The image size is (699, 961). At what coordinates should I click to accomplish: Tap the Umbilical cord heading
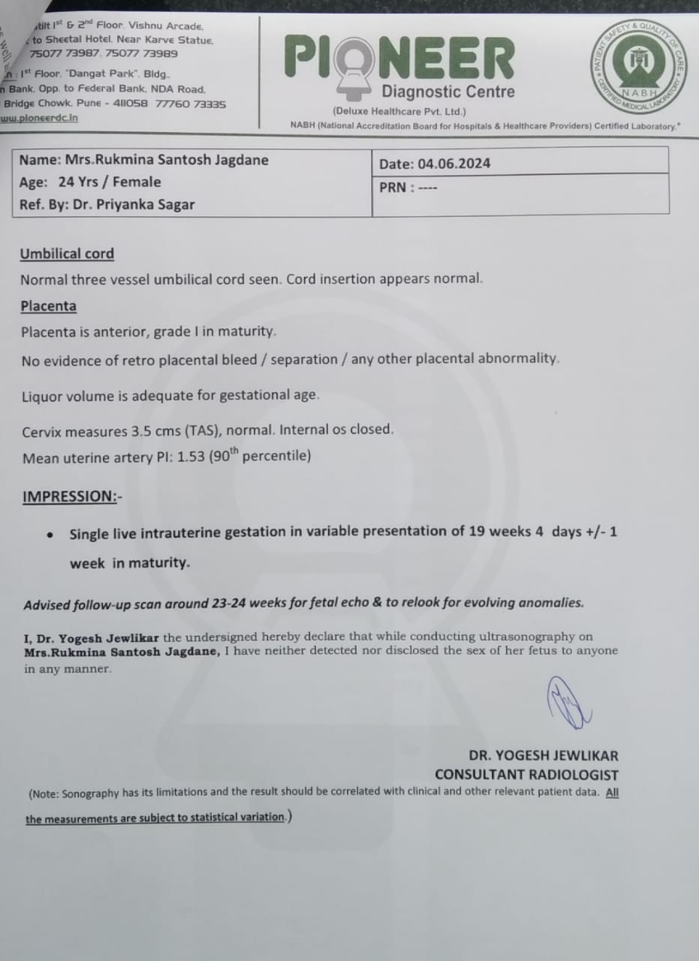tap(67, 254)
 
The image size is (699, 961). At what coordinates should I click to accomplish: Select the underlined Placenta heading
tap(48, 306)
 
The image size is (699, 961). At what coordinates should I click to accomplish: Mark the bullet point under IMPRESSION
tap(50, 535)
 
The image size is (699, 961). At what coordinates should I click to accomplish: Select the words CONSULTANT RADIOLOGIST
tap(526, 775)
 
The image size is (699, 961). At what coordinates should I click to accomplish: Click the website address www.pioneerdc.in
tap(39, 118)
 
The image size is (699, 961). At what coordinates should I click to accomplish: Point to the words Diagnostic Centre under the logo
tap(448, 92)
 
